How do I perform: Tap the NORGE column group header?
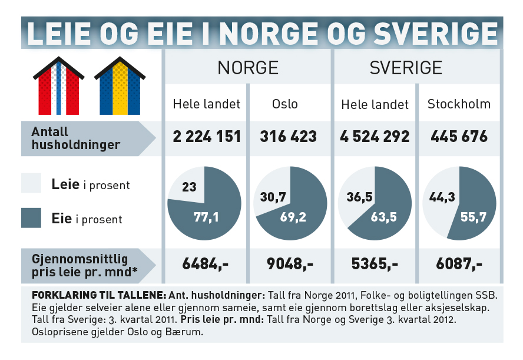pos(248,68)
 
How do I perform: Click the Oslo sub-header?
pos(285,104)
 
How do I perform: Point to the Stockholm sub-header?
pos(459,104)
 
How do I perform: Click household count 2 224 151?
pos(207,137)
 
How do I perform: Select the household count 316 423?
pos(289,137)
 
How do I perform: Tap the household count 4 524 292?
pos(375,137)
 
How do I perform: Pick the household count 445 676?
pos(459,137)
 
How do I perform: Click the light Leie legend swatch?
pos(31,183)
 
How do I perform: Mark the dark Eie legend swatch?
pos(31,218)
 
